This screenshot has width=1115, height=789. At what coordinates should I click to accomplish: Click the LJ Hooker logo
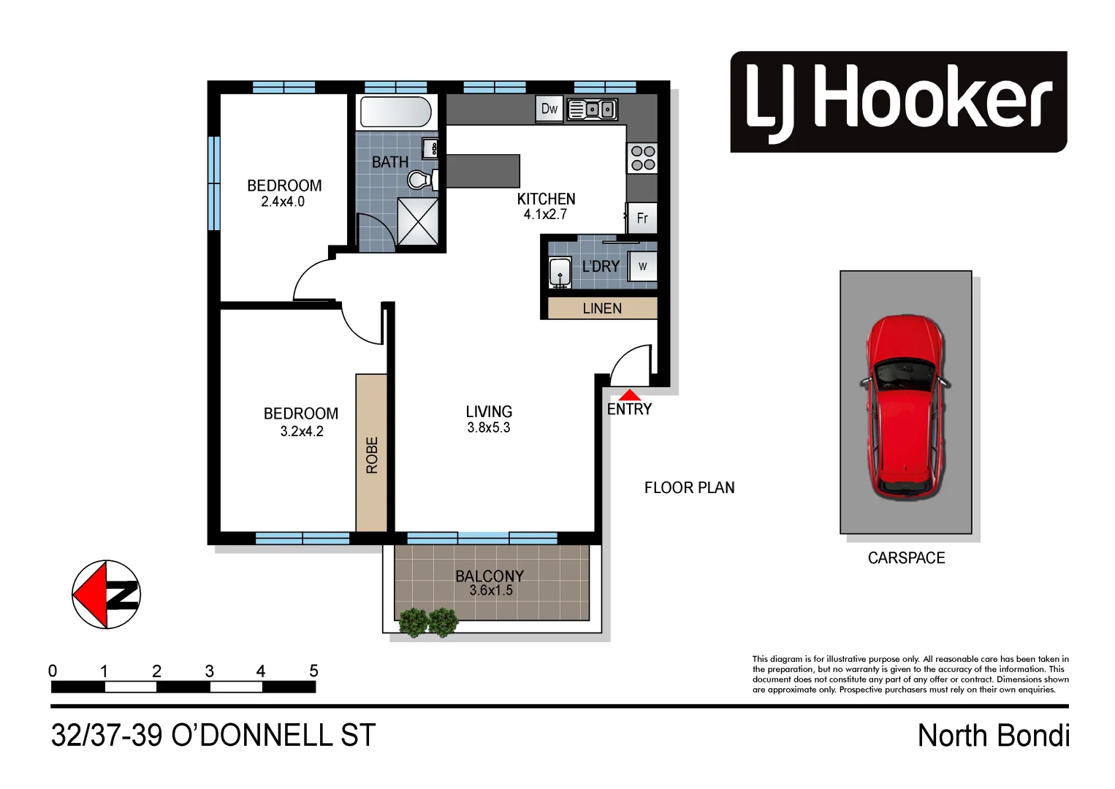(x=898, y=102)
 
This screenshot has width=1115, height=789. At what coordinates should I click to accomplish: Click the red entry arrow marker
(x=629, y=395)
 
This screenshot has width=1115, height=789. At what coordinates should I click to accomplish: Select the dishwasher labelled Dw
(x=549, y=109)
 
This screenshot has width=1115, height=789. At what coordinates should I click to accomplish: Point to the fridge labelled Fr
(x=642, y=218)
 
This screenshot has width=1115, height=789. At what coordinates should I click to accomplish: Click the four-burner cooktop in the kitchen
(x=642, y=159)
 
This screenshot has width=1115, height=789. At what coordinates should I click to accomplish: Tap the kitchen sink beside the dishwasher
(x=593, y=110)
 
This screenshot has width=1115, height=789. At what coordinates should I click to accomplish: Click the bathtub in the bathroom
(x=395, y=113)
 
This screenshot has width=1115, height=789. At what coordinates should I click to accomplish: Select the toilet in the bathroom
(x=420, y=179)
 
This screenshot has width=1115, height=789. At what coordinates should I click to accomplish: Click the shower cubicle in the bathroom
(x=417, y=221)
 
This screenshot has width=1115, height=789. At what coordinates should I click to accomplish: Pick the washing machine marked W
(x=642, y=266)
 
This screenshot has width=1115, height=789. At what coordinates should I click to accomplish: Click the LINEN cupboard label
(x=602, y=308)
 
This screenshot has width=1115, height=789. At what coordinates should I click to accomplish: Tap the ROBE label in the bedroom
(x=372, y=455)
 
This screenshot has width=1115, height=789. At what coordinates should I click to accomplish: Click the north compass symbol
(x=106, y=595)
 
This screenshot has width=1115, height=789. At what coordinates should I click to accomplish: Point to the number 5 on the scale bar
(x=313, y=671)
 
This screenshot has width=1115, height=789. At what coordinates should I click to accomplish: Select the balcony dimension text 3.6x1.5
(x=490, y=590)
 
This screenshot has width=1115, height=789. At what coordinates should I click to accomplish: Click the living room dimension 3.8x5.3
(x=488, y=428)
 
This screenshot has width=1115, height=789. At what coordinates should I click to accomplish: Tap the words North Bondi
(x=993, y=736)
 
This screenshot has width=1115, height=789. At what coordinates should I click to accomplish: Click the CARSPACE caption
(x=906, y=558)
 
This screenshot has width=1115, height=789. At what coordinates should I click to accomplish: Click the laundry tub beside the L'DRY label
(x=560, y=272)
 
